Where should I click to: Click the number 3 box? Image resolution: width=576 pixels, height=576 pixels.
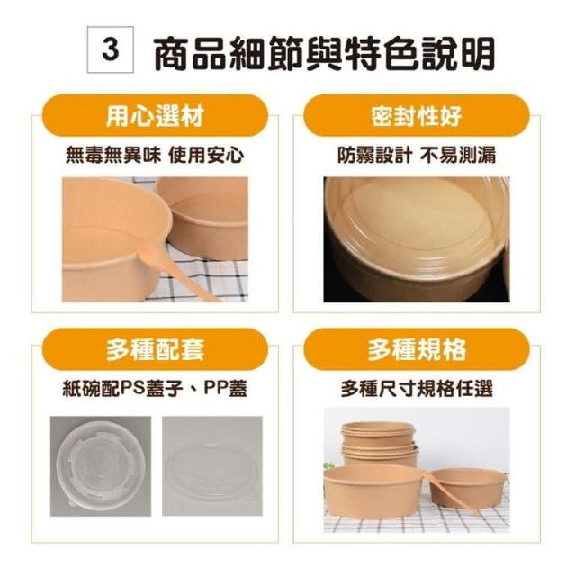click(110, 49)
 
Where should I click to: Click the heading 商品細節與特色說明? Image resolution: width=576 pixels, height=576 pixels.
click(325, 53)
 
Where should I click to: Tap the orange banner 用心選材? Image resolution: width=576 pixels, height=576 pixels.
click(155, 116)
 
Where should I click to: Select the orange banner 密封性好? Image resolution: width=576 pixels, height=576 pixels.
click(416, 116)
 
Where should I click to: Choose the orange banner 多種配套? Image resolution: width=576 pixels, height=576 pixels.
click(155, 349)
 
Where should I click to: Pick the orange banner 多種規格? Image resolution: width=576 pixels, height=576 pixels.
click(416, 349)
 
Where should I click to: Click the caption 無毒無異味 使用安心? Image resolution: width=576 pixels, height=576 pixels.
click(155, 155)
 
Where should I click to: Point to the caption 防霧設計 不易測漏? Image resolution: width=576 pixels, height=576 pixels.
click(417, 155)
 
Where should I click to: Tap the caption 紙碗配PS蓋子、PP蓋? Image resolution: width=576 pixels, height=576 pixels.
click(155, 388)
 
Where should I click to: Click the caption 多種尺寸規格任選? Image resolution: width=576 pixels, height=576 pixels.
click(417, 388)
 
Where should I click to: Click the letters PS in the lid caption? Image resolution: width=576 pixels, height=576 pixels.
click(132, 388)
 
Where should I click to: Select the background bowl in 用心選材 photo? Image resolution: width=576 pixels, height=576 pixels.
click(204, 218)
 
